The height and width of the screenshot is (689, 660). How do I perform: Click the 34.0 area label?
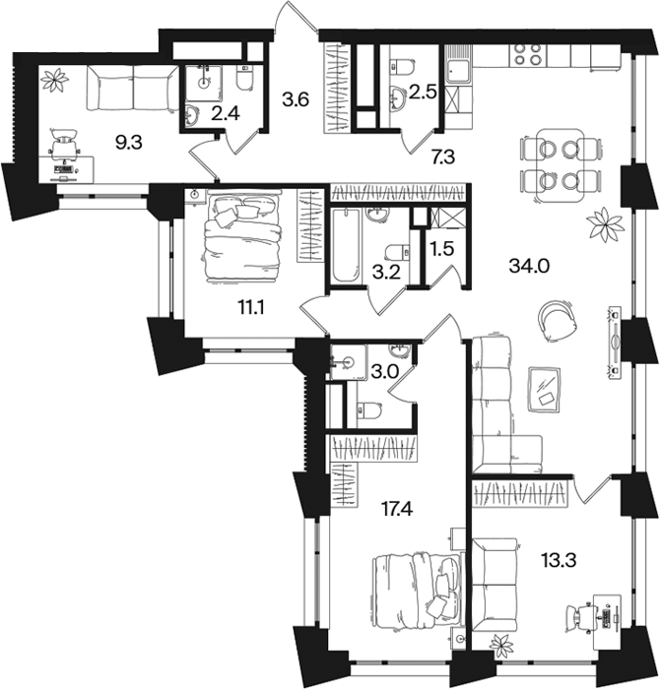(x=529, y=266)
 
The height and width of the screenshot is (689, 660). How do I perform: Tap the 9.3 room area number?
(x=128, y=143)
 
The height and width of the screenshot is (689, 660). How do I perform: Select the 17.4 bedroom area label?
(x=396, y=510)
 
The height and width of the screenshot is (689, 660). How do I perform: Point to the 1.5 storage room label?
(x=441, y=249)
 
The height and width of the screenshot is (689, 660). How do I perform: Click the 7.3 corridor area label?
(x=442, y=157)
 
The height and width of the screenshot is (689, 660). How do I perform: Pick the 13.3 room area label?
(x=559, y=560)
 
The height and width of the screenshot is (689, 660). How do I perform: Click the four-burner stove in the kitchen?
(x=528, y=54)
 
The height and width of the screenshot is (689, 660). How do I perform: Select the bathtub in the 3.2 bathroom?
(x=346, y=245)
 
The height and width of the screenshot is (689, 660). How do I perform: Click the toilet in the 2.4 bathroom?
(x=244, y=78)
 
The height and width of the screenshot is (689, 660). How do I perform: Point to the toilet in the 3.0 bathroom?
(x=368, y=410)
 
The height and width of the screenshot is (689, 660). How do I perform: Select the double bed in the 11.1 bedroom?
(x=240, y=237)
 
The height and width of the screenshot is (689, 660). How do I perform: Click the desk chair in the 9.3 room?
(x=64, y=144)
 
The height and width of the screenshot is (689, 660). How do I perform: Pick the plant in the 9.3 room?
(x=55, y=80)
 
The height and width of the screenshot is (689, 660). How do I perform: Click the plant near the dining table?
(x=607, y=225)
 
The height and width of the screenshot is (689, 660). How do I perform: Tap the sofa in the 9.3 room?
(x=132, y=88)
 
